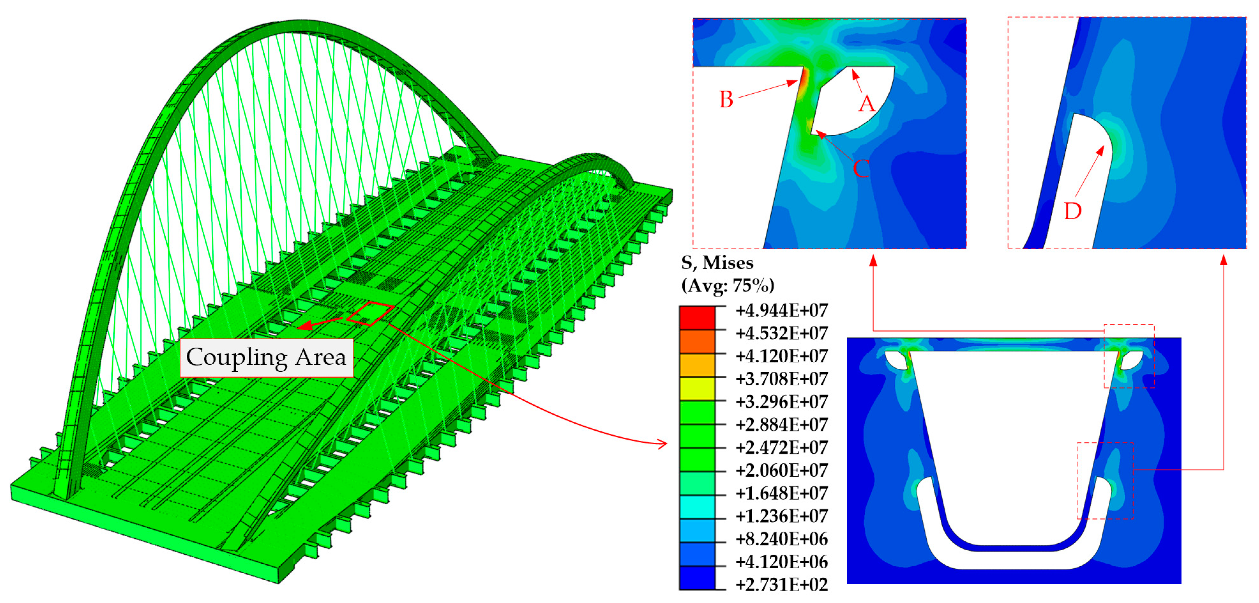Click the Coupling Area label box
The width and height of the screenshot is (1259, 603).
[266, 358]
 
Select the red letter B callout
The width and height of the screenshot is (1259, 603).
[726, 100]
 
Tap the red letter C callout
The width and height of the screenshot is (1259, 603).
[861, 169]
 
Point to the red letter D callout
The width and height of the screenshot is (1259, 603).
[1073, 211]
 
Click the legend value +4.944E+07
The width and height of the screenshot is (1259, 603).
[781, 310]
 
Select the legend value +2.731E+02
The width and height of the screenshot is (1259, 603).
[781, 584]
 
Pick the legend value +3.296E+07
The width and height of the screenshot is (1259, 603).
[781, 402]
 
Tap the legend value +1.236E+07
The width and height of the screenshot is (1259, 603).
[781, 516]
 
